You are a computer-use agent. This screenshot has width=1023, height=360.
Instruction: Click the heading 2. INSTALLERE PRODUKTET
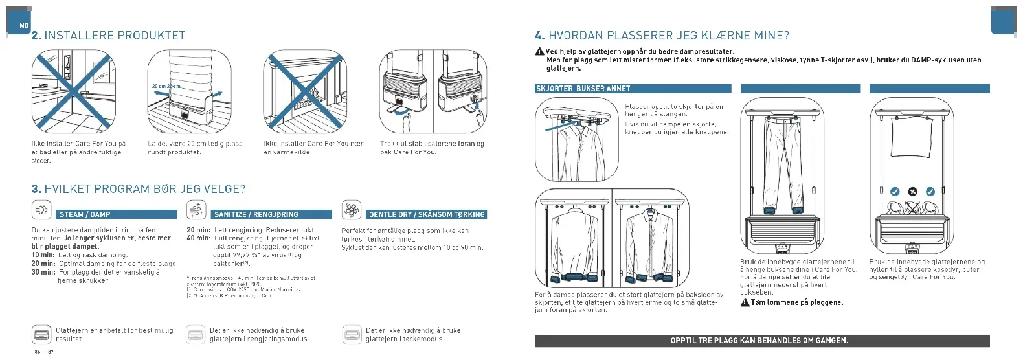tap(108, 36)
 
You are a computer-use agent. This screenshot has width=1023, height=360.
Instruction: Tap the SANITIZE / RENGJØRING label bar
tap(272, 214)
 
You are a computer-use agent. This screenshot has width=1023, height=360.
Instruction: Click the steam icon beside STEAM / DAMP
tap(41, 210)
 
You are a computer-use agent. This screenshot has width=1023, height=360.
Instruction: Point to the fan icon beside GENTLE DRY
tap(351, 210)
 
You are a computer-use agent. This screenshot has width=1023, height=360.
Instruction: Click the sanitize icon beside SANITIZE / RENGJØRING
tap(196, 210)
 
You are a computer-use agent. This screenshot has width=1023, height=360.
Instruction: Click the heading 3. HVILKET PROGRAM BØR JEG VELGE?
tap(139, 189)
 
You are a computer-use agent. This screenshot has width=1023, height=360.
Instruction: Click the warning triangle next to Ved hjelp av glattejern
tap(539, 52)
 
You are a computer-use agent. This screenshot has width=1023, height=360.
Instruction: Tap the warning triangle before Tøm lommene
tap(745, 302)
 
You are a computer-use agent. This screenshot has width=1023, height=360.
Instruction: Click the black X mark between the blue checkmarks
tap(912, 192)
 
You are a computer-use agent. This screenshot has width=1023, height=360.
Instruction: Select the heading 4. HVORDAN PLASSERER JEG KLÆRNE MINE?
tap(662, 36)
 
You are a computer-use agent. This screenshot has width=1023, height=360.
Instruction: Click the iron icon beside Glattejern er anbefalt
tap(41, 335)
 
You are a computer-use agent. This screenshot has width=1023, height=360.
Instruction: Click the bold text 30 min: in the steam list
tap(43, 272)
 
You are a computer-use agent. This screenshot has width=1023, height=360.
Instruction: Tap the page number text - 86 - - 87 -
tap(44, 352)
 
